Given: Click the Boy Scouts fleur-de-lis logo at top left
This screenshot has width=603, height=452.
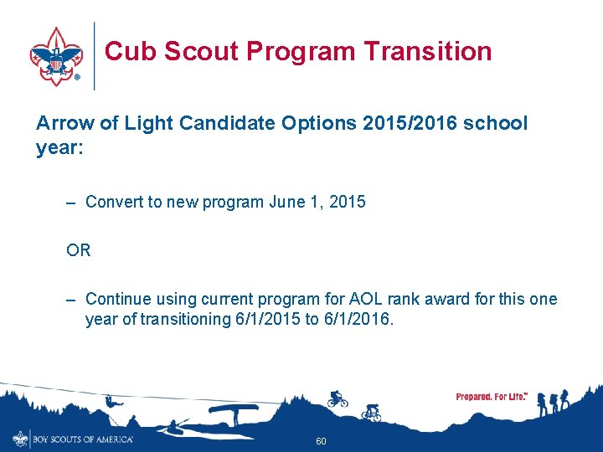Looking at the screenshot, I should (56, 55).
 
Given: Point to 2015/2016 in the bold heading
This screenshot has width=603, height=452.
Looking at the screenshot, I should (406, 123).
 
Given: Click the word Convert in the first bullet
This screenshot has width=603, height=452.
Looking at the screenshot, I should (115, 202).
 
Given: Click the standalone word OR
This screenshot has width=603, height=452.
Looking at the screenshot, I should (79, 250).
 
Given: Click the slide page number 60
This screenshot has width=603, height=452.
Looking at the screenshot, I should (321, 441).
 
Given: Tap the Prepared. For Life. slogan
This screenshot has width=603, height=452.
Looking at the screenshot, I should (492, 397).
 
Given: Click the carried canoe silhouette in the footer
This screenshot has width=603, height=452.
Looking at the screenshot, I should (233, 411).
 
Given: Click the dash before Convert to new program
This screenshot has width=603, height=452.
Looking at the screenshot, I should (73, 202).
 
